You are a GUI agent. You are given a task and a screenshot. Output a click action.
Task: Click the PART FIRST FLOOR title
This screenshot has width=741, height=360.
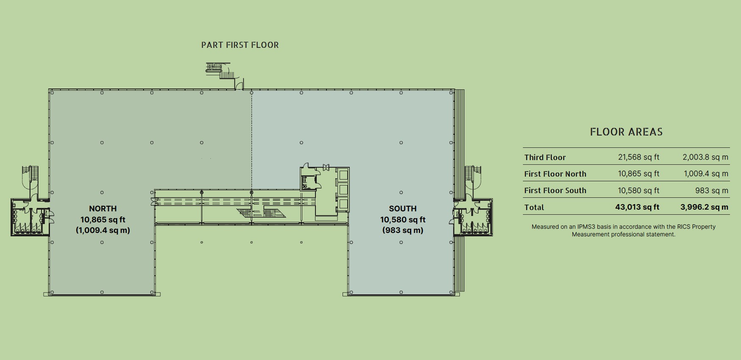pos(240,45)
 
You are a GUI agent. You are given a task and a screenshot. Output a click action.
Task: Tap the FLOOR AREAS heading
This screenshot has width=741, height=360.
pos(626,132)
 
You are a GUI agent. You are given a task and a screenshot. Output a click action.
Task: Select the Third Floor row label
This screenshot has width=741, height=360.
pos(545,158)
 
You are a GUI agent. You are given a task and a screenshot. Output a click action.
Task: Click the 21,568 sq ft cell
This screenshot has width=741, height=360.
pos(639,157)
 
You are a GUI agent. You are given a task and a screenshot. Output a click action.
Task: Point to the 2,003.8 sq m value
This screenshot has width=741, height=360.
pos(705,157)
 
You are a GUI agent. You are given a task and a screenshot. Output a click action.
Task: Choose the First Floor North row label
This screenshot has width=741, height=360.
pos(555,174)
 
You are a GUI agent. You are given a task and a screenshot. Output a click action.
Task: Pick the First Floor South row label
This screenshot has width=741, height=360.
pos(555,191)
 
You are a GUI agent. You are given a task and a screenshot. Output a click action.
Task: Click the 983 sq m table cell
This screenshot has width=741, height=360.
pos(712,191)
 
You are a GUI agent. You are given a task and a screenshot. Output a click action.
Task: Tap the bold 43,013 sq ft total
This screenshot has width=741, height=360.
pos(637,207)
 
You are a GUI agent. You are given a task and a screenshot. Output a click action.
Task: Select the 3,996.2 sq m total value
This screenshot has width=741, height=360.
pos(705,207)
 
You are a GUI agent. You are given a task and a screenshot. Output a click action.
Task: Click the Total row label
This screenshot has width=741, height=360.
pos(534,208)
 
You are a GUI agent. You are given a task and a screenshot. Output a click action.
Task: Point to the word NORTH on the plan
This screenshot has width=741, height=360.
pos(103,208)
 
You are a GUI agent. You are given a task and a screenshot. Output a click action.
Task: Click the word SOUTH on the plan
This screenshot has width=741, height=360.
pos(403,208)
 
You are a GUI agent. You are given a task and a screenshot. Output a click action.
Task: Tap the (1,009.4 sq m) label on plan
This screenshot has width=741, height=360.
pos(103,230)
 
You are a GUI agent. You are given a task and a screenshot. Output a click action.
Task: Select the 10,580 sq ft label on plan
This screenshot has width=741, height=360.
pos(403,219)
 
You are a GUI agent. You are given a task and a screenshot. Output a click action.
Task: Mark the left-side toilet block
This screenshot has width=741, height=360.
pos(30,217)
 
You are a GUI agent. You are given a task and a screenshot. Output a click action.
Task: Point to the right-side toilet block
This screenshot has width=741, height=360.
pos(473,217)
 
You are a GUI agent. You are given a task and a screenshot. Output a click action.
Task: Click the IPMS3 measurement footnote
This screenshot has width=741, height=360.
pos(623,230)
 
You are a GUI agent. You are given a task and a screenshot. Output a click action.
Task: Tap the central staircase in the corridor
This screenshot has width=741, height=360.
pos(261,213)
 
